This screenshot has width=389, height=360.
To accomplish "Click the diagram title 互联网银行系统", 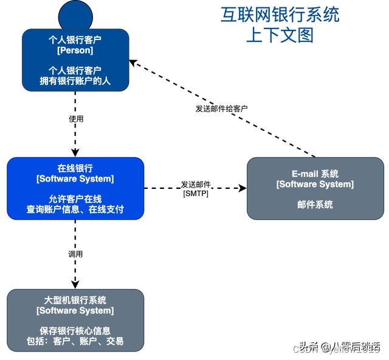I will [280, 15].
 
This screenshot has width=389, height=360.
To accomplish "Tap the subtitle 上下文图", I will [280, 35].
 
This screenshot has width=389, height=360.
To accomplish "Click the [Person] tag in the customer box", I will [75, 50].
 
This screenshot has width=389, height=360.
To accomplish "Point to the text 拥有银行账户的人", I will [75, 80].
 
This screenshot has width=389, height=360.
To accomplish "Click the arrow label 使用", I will [76, 119].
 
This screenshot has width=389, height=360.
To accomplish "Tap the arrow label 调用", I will [75, 254].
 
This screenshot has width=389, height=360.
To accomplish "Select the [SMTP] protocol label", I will [196, 193].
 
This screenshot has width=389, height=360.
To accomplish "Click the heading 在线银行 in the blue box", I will [75, 168].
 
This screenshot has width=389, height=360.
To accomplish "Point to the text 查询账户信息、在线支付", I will [75, 209].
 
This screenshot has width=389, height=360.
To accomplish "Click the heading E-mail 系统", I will [315, 174].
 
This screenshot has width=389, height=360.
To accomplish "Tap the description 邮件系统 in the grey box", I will [315, 205].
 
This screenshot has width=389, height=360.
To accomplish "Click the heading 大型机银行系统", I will [75, 300].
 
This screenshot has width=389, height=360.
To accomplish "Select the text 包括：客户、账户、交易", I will [75, 341].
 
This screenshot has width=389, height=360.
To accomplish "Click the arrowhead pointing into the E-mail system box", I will [243, 188].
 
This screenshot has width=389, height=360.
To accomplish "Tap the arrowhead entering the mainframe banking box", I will [75, 285].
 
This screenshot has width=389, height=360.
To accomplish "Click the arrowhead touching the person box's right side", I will [133, 63].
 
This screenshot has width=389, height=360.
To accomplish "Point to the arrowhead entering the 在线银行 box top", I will [75, 153].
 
